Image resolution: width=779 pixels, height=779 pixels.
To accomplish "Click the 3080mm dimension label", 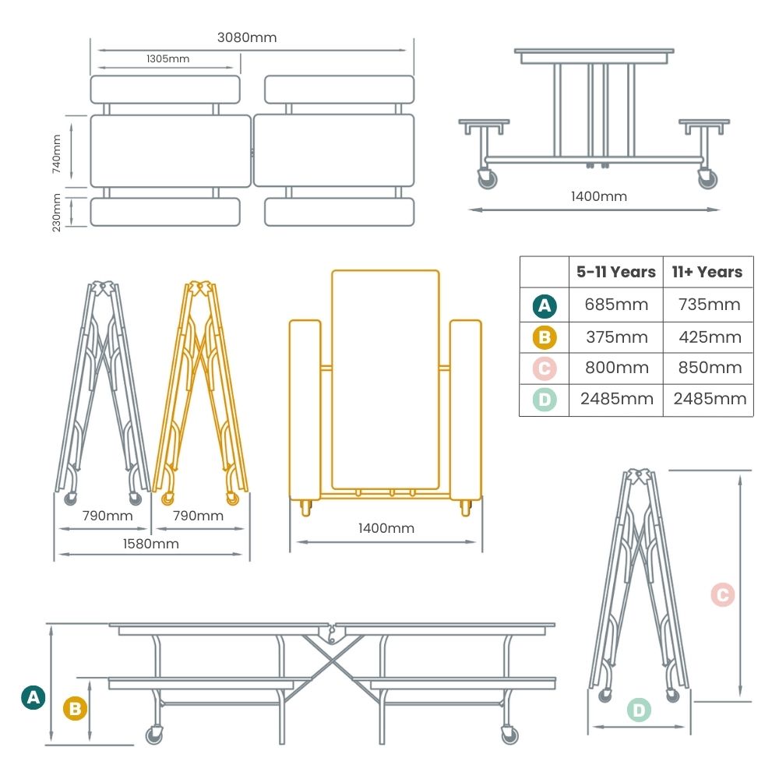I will point(247,37).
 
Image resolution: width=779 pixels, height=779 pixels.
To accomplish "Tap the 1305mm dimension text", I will point(167,58).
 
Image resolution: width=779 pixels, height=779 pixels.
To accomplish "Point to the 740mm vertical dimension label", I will point(56,153).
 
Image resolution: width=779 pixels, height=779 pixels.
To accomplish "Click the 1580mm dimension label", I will point(152,544).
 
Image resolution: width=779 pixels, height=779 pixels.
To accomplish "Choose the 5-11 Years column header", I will point(615,272).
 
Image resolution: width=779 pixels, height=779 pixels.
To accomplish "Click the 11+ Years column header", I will point(707,272).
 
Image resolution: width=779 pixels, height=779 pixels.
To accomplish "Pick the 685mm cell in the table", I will point(615,305).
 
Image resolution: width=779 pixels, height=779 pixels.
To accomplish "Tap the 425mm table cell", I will point(707,337).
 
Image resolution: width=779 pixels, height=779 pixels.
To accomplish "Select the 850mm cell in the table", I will point(707,368).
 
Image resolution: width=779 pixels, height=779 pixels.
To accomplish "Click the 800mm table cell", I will point(615,368).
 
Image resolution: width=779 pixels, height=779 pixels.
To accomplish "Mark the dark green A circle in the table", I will point(545,305).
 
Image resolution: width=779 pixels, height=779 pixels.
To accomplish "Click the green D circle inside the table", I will point(545,400).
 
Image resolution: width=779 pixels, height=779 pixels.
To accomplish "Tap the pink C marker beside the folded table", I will point(722,595).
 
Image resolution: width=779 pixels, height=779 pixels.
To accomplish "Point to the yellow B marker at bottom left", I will point(75,709).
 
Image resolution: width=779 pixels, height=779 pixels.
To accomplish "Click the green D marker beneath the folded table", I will point(638,710).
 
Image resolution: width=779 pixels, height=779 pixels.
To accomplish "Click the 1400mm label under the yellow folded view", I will point(386,528).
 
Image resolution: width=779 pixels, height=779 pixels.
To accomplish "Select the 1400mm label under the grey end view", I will point(598,196).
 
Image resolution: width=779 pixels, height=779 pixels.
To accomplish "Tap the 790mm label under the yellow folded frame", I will point(198,516).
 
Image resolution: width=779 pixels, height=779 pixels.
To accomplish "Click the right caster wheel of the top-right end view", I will point(707,179).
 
